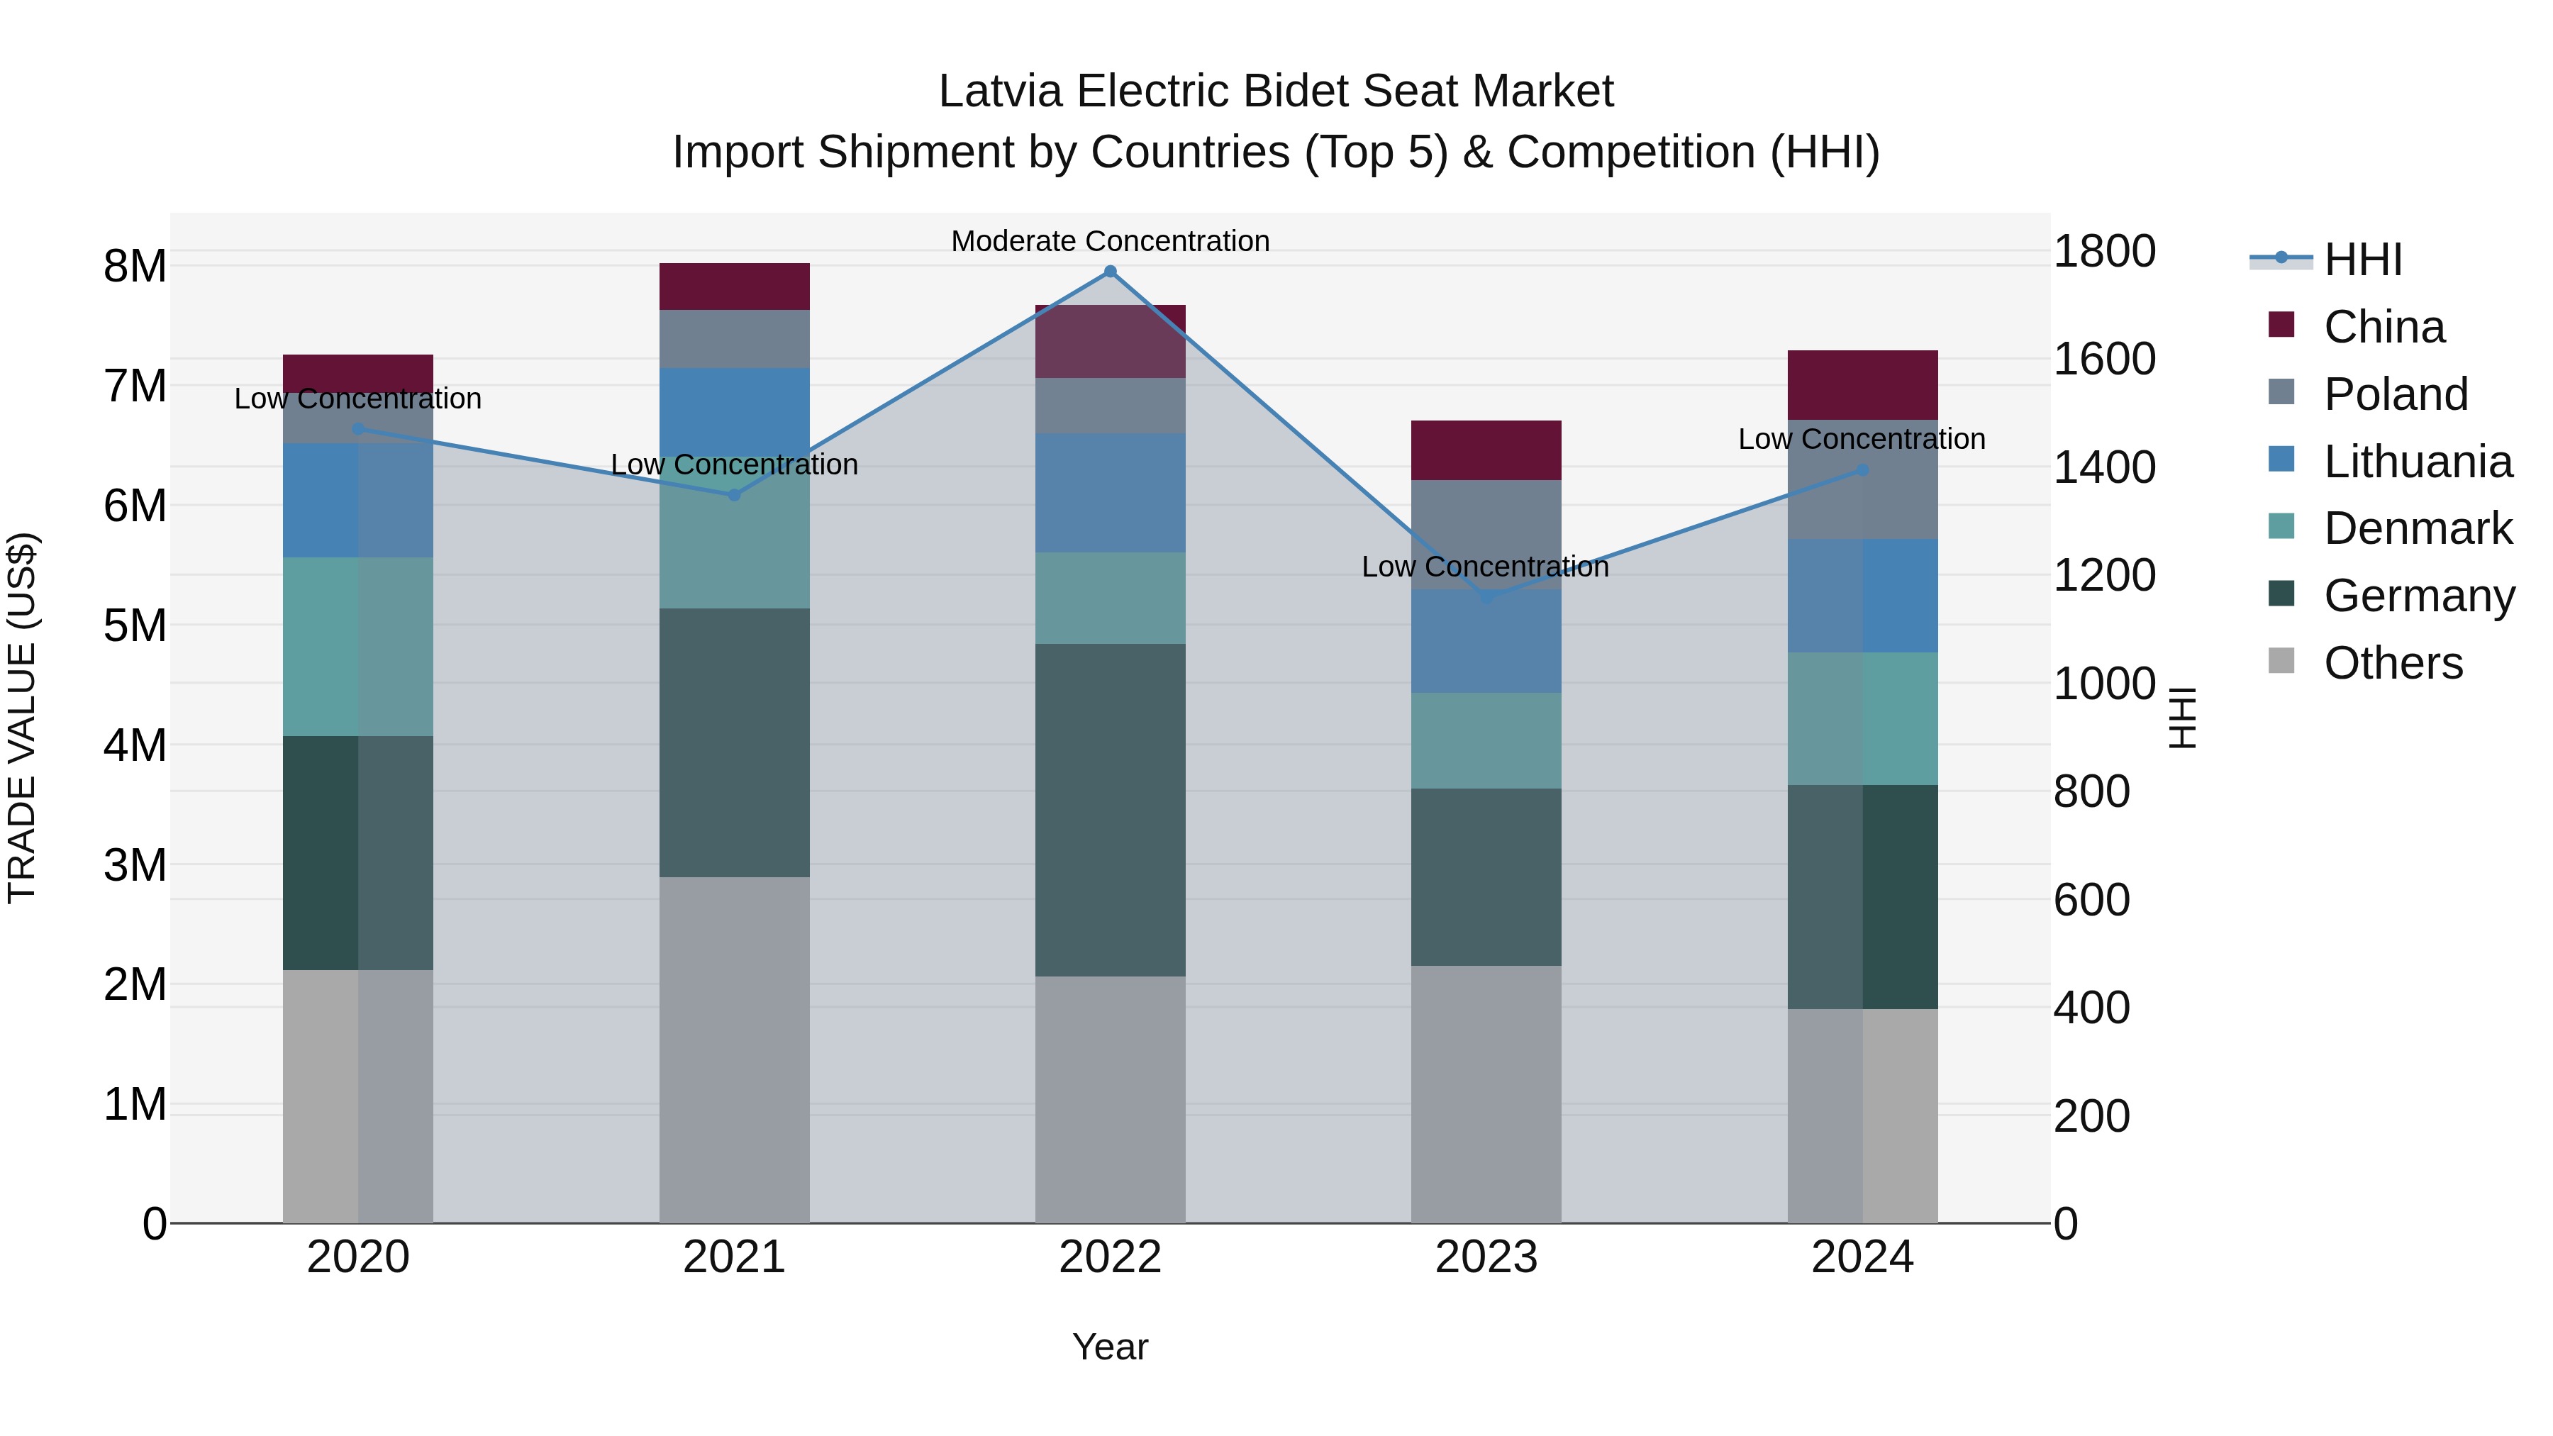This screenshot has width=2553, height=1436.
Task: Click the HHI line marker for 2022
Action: [x=1110, y=272]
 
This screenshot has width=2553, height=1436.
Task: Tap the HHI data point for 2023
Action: [x=1486, y=598]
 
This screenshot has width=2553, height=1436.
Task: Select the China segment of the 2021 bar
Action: [x=735, y=286]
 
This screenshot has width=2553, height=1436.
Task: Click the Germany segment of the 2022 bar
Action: [x=1110, y=810]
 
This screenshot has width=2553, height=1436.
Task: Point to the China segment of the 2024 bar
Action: [x=1862, y=384]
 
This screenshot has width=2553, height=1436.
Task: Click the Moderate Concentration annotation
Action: [x=1110, y=241]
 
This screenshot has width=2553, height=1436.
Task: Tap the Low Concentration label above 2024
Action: [x=1862, y=439]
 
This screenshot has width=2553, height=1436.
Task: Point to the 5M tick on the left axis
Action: [x=135, y=625]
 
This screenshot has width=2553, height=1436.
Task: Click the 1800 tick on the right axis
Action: [x=2103, y=251]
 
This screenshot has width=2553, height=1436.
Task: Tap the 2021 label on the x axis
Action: [x=735, y=1257]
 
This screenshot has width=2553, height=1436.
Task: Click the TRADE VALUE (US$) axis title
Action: [x=22, y=718]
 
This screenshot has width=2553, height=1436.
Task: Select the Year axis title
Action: [x=1110, y=1347]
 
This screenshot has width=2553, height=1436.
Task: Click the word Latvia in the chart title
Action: [x=1001, y=91]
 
